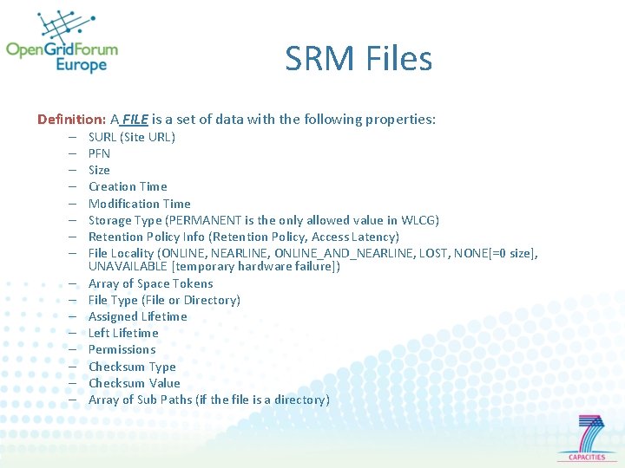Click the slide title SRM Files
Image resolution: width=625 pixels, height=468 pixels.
358,59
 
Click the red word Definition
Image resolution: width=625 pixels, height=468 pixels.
71,119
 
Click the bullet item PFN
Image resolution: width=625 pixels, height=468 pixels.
99,153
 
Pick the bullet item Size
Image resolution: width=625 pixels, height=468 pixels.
99,170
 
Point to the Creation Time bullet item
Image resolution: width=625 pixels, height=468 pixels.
128,186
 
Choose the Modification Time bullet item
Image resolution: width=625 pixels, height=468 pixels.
139,204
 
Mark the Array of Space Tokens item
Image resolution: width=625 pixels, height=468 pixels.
150,283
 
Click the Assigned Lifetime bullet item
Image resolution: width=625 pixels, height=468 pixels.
137,316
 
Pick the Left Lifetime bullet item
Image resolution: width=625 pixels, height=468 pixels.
123,333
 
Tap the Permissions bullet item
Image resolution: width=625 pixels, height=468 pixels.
122,349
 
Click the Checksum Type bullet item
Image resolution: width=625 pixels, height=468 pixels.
132,367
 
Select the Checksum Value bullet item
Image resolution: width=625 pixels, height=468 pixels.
134,383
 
